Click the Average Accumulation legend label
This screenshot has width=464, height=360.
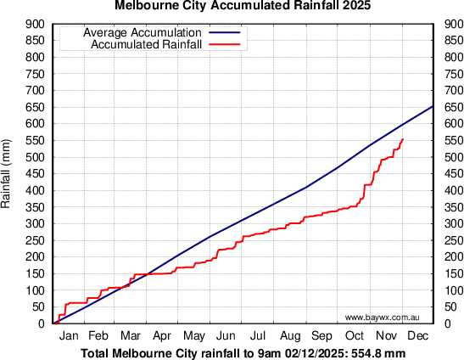pos(143,33)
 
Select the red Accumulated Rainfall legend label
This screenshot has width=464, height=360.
pos(146,44)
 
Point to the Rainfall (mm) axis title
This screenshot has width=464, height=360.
pos(7,174)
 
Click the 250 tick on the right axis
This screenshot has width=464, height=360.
pos(450,240)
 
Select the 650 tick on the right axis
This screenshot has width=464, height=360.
pos(450,107)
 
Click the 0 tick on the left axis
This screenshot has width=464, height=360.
pos(42,323)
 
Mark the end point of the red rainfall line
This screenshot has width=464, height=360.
pos(403,138)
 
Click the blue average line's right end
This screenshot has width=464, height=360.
pos(433,106)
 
